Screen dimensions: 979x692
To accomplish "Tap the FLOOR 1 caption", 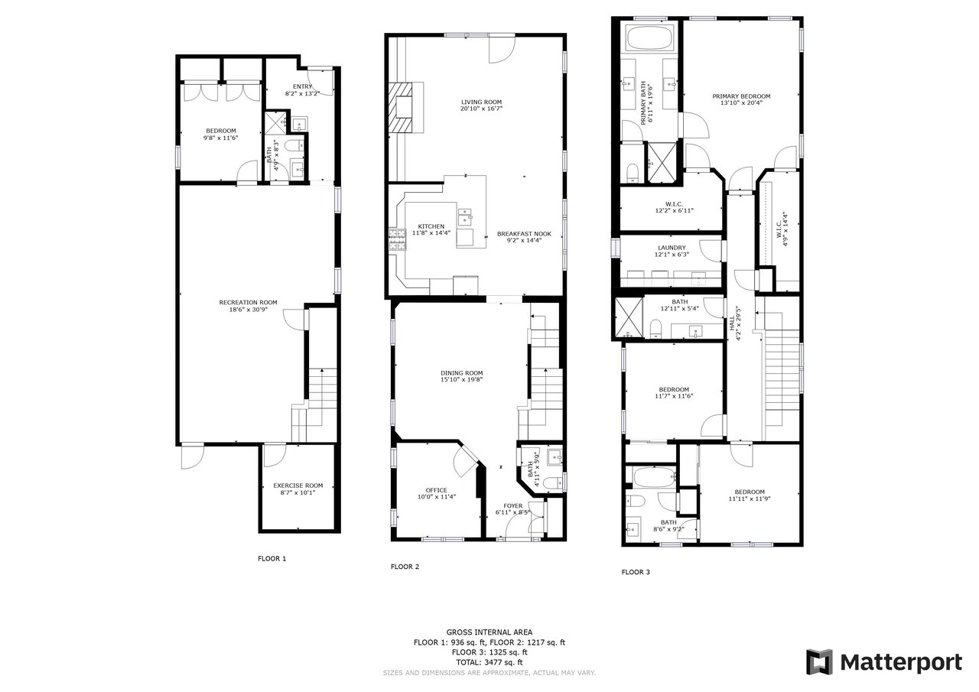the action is point(272,558).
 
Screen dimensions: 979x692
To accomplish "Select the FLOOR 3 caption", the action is point(636,572).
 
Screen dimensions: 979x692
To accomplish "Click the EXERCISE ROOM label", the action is point(298,486).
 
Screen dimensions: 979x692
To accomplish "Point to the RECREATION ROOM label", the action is point(249,302).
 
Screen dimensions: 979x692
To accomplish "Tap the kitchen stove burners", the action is point(397,239).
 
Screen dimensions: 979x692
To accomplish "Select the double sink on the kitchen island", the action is point(465,216).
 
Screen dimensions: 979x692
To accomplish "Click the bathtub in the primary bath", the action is point(649,37).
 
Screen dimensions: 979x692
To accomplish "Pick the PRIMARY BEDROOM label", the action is point(741,96).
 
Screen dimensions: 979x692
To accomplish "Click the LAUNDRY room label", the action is point(672,248).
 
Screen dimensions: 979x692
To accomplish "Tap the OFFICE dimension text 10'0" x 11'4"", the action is point(437,497).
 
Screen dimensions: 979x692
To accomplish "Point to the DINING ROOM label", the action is point(461,373).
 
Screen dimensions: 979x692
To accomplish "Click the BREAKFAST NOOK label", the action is point(524,234).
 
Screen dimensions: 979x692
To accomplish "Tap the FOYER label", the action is point(512,506).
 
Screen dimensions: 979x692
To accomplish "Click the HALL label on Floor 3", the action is point(732,323).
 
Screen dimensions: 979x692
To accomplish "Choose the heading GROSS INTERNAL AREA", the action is point(489,632).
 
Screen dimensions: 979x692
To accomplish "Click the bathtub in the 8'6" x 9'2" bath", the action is point(654,477).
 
